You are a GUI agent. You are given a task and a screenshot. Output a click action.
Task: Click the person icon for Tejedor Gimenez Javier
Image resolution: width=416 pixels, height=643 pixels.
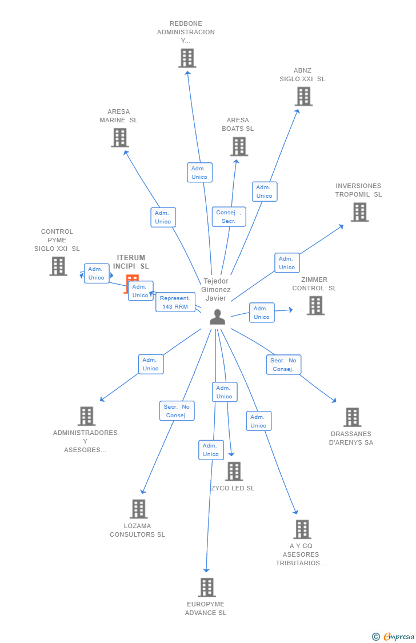[217, 317]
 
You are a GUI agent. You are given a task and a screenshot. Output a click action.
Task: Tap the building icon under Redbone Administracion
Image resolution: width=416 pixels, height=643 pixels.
[187, 58]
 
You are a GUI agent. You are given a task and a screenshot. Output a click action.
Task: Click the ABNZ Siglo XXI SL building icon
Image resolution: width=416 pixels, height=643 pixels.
[303, 97]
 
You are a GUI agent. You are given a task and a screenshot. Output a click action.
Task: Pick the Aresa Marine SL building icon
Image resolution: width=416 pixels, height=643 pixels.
[119, 138]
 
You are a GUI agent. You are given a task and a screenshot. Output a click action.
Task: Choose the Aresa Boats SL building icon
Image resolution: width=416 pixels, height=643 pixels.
[239, 147]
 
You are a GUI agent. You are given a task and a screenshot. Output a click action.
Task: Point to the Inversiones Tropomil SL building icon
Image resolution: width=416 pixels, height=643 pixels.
[359, 212]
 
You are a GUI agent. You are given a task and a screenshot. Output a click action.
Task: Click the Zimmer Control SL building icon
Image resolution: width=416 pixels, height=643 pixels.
[315, 306]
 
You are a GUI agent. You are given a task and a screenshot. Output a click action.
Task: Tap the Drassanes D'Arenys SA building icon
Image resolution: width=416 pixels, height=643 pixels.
[352, 417]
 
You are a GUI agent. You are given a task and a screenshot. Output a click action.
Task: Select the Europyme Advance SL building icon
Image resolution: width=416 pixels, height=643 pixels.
[206, 588]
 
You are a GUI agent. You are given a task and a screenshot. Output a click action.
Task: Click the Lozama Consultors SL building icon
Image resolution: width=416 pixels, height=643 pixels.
[138, 509]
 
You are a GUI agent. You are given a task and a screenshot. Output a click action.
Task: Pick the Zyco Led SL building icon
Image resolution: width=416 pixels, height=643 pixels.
[234, 472]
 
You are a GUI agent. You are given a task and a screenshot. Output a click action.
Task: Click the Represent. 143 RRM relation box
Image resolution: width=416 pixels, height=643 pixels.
[175, 302]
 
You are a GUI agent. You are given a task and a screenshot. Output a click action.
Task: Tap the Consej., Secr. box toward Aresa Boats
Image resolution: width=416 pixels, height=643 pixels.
[229, 217]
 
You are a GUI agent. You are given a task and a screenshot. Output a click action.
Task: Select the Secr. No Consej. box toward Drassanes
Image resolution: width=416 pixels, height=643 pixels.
[283, 365]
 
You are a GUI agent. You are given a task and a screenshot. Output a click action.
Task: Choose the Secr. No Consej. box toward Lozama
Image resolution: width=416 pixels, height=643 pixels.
[177, 411]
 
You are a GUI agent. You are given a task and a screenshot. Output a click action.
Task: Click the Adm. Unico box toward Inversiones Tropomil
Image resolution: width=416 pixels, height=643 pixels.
[287, 263]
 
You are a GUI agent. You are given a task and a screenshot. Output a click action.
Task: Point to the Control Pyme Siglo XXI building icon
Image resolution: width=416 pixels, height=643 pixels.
[58, 266]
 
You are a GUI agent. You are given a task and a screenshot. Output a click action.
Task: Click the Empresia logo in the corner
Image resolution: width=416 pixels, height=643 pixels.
[394, 636]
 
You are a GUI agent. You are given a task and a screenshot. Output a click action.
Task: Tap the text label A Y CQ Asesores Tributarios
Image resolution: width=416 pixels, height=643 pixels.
[301, 554]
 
